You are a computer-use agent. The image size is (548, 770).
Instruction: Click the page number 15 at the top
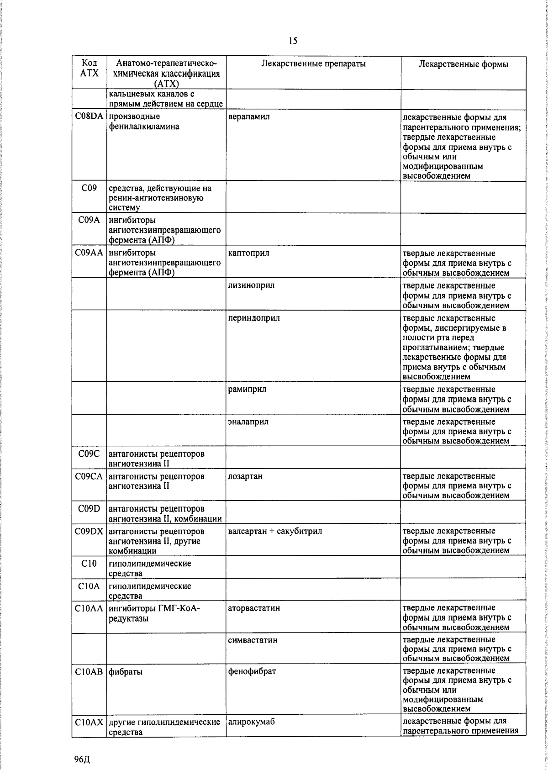pyautogui.click(x=293, y=41)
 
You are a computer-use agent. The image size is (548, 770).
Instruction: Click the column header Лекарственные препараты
pyautogui.click(x=313, y=64)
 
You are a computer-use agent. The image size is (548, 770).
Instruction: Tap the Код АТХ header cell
pyautogui.click(x=89, y=68)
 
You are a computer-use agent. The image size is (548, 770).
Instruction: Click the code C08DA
pyautogui.click(x=89, y=116)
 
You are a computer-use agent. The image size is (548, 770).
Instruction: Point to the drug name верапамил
pyautogui.click(x=249, y=116)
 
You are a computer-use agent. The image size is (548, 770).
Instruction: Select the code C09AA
pyautogui.click(x=89, y=253)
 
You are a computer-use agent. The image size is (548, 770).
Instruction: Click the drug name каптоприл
pyautogui.click(x=248, y=253)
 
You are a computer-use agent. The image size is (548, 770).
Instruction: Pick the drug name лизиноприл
pyautogui.click(x=251, y=285)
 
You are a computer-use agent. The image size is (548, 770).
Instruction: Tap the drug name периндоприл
pyautogui.click(x=254, y=318)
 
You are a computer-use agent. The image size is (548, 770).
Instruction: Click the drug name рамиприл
pyautogui.click(x=247, y=389)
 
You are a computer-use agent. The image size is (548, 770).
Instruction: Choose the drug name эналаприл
pyautogui.click(x=248, y=422)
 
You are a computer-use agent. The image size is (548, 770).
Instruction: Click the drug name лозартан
pyautogui.click(x=245, y=476)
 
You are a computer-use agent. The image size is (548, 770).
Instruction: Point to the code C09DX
pyautogui.click(x=89, y=531)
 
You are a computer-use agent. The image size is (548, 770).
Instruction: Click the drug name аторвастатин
pyautogui.click(x=254, y=608)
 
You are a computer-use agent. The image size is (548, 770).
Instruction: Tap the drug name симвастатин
pyautogui.click(x=253, y=640)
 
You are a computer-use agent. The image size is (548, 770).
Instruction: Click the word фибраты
pyautogui.click(x=125, y=672)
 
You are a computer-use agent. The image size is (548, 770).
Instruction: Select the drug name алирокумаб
pyautogui.click(x=251, y=722)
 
